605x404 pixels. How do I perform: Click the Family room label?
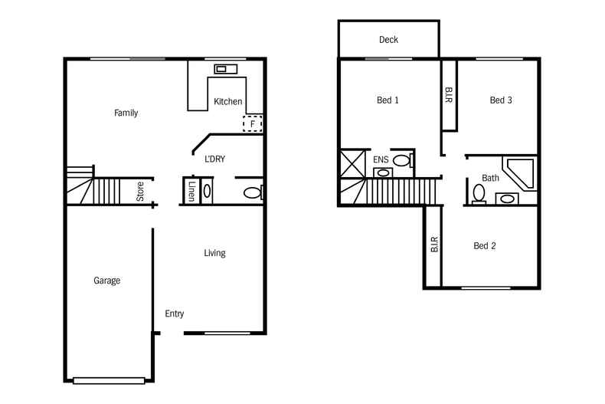[x=126, y=113]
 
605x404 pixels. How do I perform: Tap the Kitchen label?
[x=228, y=102]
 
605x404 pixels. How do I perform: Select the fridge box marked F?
[x=253, y=123]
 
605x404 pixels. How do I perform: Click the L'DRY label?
[x=214, y=159]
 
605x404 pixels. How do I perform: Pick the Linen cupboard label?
[x=191, y=192]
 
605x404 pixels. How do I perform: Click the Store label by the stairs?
[x=141, y=191]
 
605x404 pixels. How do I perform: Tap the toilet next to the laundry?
[x=251, y=192]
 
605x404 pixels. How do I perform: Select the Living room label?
[x=214, y=253]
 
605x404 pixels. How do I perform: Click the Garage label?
[x=107, y=281]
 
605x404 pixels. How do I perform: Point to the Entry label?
[x=175, y=314]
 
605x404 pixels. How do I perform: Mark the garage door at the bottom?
[x=109, y=379]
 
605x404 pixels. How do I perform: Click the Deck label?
[x=388, y=40]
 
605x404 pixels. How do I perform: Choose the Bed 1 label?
[x=388, y=100]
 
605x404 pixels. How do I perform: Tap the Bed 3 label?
[x=501, y=100]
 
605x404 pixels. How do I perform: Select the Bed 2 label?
[x=485, y=246]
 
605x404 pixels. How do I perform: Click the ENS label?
[x=381, y=160]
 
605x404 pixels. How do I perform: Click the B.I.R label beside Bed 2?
[x=434, y=245]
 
